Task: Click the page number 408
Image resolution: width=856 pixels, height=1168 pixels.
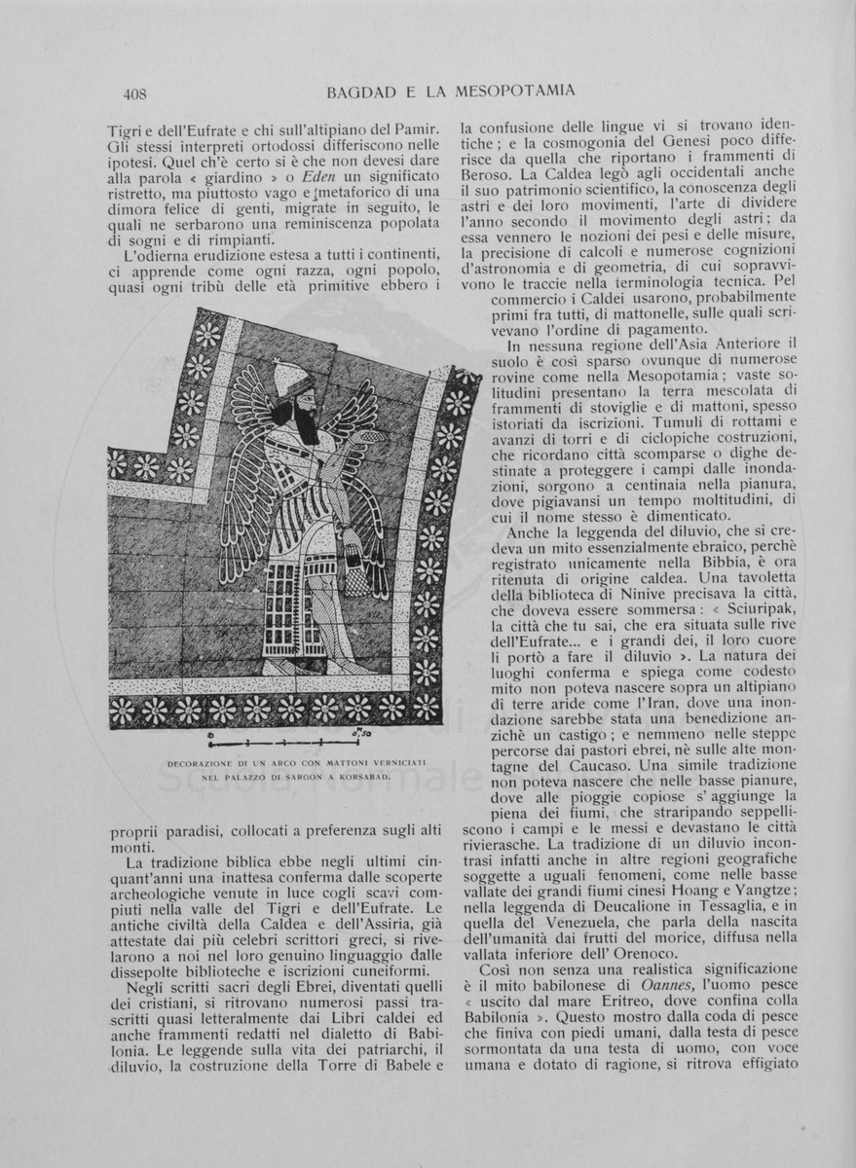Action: (x=134, y=94)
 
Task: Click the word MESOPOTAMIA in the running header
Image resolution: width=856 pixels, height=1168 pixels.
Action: (x=519, y=91)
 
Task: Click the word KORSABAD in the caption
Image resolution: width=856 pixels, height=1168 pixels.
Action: (x=364, y=779)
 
